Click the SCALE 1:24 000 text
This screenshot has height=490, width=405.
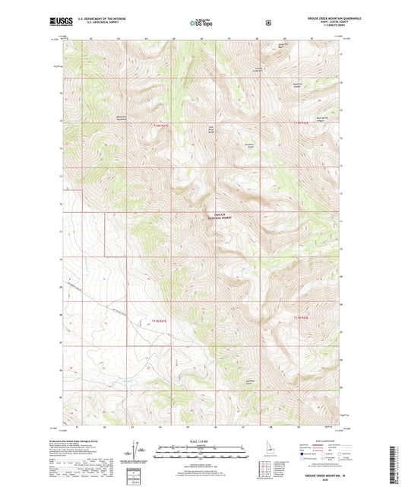point(202,441)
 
